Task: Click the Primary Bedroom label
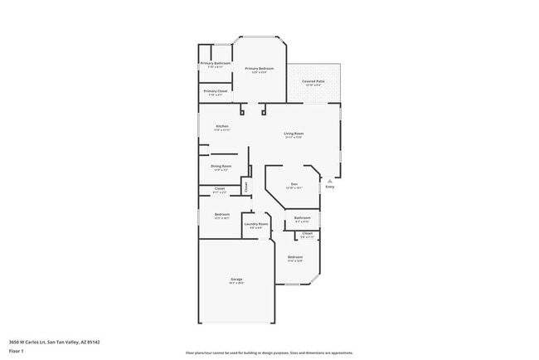coord(260,68)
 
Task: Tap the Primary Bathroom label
coord(216,63)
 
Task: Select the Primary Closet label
coord(216,90)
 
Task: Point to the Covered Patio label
coord(314,81)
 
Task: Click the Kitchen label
coord(221,126)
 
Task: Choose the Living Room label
coord(294,134)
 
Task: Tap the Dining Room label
coord(221,166)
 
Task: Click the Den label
coord(294,184)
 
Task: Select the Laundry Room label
coord(255,224)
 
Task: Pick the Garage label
coord(236,280)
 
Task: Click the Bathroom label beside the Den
coord(302,218)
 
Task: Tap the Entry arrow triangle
coord(330,180)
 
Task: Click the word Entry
coord(330,187)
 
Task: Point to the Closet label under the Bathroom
coord(307,234)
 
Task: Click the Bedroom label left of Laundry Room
coord(221,215)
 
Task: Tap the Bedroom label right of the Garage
coord(295,258)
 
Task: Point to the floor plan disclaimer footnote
coord(269,352)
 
